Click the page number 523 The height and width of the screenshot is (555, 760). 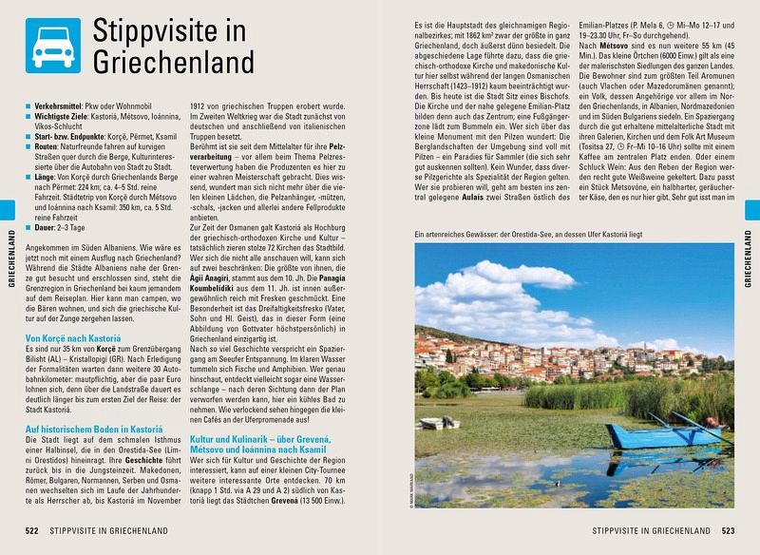729,529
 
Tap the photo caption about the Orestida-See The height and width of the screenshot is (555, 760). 533,233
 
